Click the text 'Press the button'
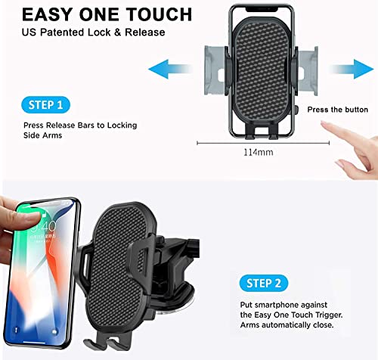(338, 110)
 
